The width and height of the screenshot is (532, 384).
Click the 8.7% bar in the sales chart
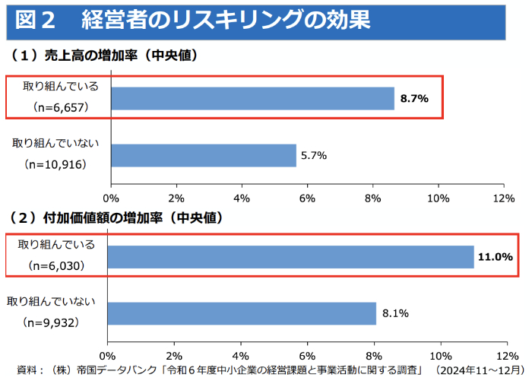coord(253,99)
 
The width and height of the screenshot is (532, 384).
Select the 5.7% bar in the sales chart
coord(204,155)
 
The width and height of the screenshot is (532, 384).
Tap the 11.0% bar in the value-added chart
coord(290,257)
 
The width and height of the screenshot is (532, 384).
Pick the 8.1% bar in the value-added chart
coord(242,313)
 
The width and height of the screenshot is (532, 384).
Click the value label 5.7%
coord(313,155)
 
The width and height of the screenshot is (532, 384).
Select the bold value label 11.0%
coord(495,257)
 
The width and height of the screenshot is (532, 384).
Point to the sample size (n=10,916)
coord(55,164)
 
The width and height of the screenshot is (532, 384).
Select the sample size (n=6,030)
coord(56,266)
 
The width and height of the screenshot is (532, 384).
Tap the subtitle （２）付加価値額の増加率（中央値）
coord(114,217)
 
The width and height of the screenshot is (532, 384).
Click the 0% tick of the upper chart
coord(112,198)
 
